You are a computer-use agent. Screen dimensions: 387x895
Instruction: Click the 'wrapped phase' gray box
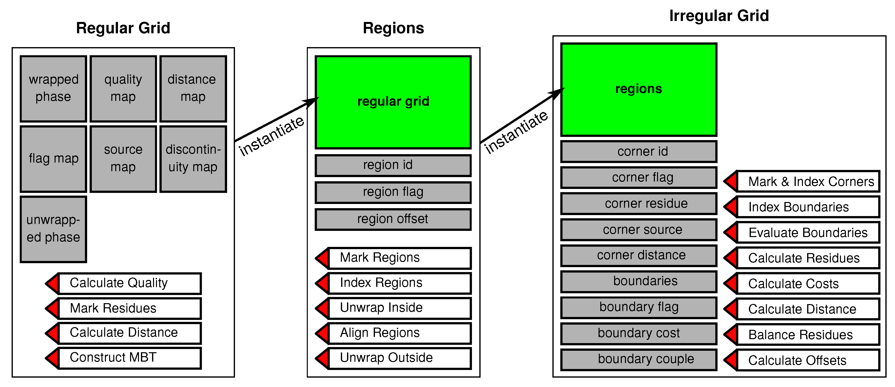pos(53,89)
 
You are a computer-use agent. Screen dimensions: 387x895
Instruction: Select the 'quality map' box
pos(123,89)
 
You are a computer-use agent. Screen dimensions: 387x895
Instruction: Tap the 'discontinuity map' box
pos(193,159)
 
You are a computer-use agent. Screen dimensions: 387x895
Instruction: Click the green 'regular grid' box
pos(393,102)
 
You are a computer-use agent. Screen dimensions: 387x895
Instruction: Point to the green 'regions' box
pos(638,89)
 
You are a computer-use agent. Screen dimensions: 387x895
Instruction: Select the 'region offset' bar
pos(393,219)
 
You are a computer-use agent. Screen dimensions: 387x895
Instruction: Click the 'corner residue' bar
pos(638,203)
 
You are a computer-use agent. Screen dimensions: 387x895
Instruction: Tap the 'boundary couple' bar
pos(638,359)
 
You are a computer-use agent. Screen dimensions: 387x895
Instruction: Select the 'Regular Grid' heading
pos(123,28)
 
